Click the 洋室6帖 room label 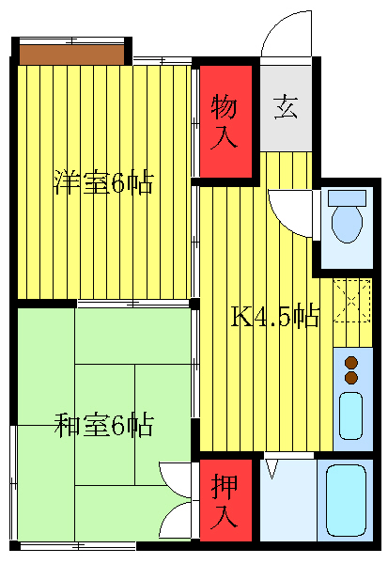coord(103,182)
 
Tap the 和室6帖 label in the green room coord(103,426)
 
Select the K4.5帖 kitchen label coord(275,317)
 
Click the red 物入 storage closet coord(226,120)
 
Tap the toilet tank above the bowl coord(347,199)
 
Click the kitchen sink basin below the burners coord(350,415)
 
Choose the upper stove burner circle coord(351,362)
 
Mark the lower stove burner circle coord(351,378)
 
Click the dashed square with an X coord(352,302)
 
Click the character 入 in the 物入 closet coord(226,137)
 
